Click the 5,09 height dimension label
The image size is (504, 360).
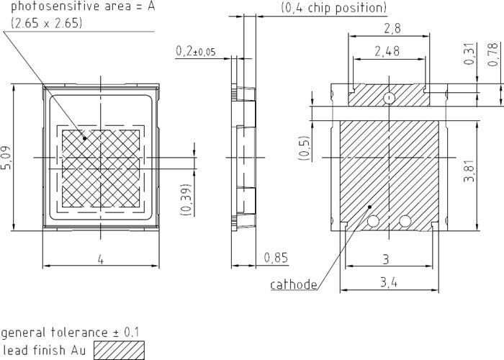pyautogui.click(x=6, y=158)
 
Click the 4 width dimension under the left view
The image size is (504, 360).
pyautogui.click(x=100, y=259)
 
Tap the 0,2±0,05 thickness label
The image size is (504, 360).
pyautogui.click(x=195, y=51)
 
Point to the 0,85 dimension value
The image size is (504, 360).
pyautogui.click(x=276, y=257)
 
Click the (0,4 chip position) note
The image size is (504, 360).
pyautogui.click(x=333, y=9)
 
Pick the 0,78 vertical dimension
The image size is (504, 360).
pyautogui.click(x=492, y=55)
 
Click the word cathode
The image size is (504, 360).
pyautogui.click(x=294, y=284)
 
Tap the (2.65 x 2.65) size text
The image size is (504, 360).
pyautogui.click(x=48, y=23)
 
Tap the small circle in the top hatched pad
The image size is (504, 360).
pyautogui.click(x=389, y=98)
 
